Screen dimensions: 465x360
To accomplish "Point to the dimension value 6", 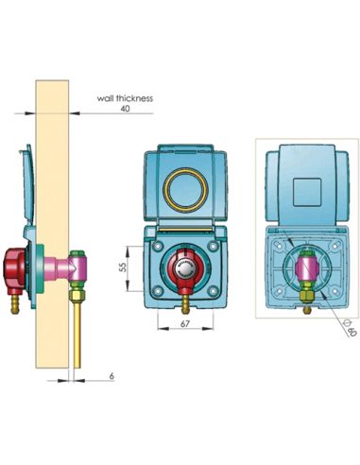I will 111,375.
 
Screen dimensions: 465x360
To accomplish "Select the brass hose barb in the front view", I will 185,304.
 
